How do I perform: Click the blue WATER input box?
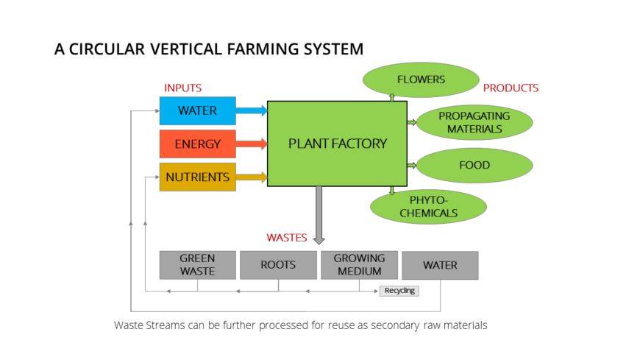(x=197, y=110)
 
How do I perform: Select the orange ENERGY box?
(x=197, y=144)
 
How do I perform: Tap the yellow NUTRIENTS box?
(x=197, y=177)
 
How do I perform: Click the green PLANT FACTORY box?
(x=337, y=144)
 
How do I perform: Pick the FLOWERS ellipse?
(x=421, y=80)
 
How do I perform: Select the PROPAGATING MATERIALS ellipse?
(x=474, y=122)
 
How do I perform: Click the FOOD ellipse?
(x=474, y=165)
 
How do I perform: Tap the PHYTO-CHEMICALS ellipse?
(x=428, y=207)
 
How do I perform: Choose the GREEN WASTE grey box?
(x=197, y=264)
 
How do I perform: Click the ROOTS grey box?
(x=278, y=264)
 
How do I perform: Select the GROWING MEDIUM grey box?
(x=359, y=264)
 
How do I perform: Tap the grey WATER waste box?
(x=440, y=265)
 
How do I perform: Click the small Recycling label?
(x=399, y=290)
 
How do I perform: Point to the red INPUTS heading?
(x=182, y=88)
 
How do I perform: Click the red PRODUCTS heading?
(x=511, y=88)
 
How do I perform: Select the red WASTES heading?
(x=287, y=238)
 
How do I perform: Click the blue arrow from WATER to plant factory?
(x=252, y=111)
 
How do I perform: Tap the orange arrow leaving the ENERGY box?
(x=252, y=144)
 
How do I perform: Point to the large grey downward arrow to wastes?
(x=319, y=214)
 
